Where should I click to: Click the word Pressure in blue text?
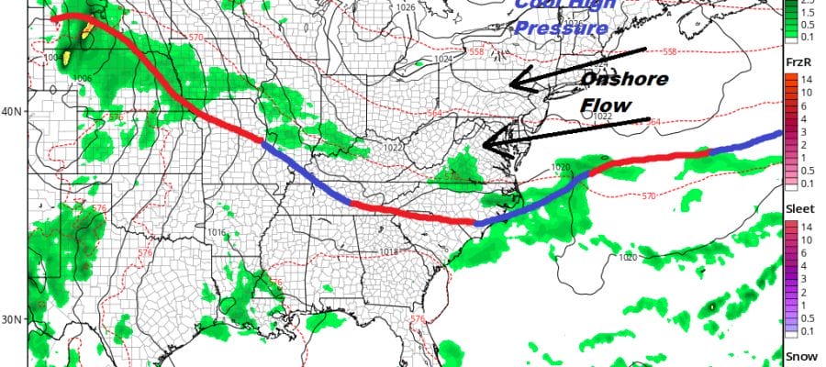tap(561, 28)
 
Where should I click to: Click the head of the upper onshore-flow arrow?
tap(512, 83)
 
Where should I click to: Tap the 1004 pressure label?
tap(52, 58)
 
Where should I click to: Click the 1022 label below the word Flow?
tap(602, 117)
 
